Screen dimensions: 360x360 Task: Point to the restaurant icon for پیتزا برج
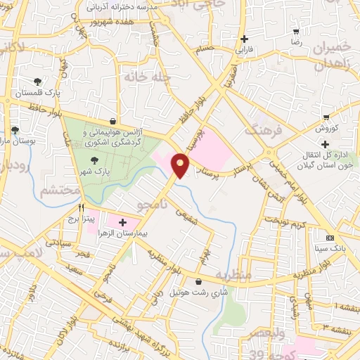pos(82,207)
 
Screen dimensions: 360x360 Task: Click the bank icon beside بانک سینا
pos(330,237)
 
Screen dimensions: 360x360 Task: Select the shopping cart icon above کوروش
pos(326,117)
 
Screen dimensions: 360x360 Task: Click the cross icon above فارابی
pos(244,39)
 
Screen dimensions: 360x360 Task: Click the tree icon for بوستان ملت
pos(14,130)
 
